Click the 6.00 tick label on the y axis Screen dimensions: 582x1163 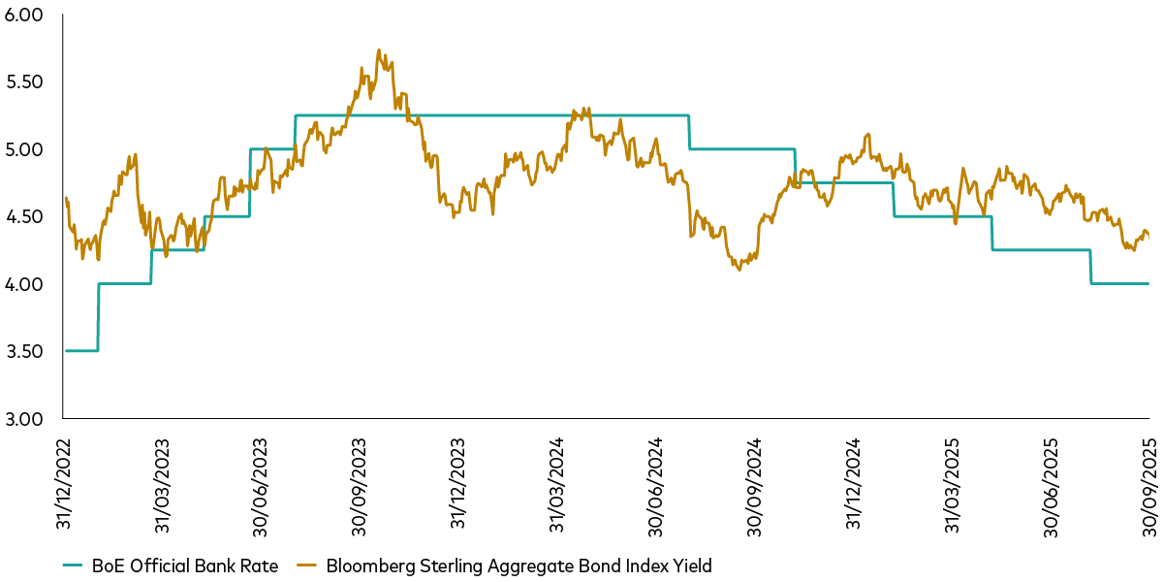(x=25, y=16)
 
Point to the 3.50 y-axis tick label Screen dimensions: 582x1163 (x=25, y=351)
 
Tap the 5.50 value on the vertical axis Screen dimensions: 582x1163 (x=25, y=82)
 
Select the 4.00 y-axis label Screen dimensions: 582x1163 (x=25, y=284)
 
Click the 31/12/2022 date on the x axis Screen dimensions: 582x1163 (x=66, y=483)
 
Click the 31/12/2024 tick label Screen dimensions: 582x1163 (x=855, y=483)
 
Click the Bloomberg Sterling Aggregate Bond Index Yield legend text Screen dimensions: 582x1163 (x=519, y=565)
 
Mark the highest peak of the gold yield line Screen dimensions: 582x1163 (x=378, y=50)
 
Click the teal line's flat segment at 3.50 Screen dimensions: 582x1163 (x=81, y=350)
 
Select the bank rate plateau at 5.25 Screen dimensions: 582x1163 (x=485, y=115)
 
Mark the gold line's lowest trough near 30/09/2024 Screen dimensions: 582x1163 (x=739, y=269)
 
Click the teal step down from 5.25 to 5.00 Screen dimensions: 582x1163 (x=689, y=132)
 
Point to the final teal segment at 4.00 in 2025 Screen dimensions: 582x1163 (x=1119, y=283)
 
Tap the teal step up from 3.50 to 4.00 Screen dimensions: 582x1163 (x=98, y=317)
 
